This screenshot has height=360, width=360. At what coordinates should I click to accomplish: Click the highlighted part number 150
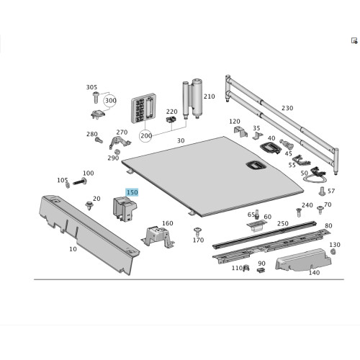(132, 192)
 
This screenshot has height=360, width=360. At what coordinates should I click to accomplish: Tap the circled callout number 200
(146, 136)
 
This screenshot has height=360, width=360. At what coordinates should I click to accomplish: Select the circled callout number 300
(110, 101)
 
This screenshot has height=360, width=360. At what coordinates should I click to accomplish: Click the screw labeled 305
(96, 97)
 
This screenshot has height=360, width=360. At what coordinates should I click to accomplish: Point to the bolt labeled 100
(80, 181)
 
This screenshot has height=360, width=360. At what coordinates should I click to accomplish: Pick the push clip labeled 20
(89, 206)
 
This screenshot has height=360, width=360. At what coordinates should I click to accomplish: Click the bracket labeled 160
(158, 236)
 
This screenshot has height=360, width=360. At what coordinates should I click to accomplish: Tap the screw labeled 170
(197, 232)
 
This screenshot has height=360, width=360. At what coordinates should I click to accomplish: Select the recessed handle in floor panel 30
(256, 165)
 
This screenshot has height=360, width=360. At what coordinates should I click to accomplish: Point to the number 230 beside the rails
(287, 108)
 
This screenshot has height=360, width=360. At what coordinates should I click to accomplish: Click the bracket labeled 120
(240, 132)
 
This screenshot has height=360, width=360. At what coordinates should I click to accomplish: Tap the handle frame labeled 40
(270, 148)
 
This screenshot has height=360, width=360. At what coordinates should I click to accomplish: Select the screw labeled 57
(322, 192)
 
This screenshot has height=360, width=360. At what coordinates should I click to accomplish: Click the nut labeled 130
(333, 251)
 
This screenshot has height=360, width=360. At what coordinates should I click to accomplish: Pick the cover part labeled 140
(303, 260)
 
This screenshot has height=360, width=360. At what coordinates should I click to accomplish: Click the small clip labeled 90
(261, 270)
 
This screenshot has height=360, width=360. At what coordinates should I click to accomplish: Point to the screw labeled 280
(99, 140)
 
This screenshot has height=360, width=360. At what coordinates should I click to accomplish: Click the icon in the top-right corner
(354, 40)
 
